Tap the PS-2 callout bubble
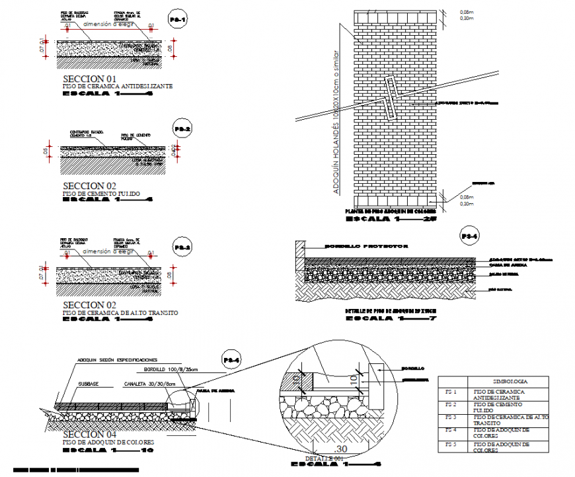(182, 128)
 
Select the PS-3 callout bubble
(182, 247)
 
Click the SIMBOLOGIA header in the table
(492, 382)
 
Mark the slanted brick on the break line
(390, 99)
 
